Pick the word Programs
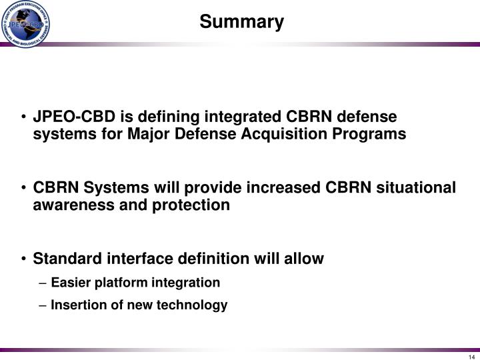[x=375, y=134]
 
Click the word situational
[x=416, y=187]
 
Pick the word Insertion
[x=75, y=305]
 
